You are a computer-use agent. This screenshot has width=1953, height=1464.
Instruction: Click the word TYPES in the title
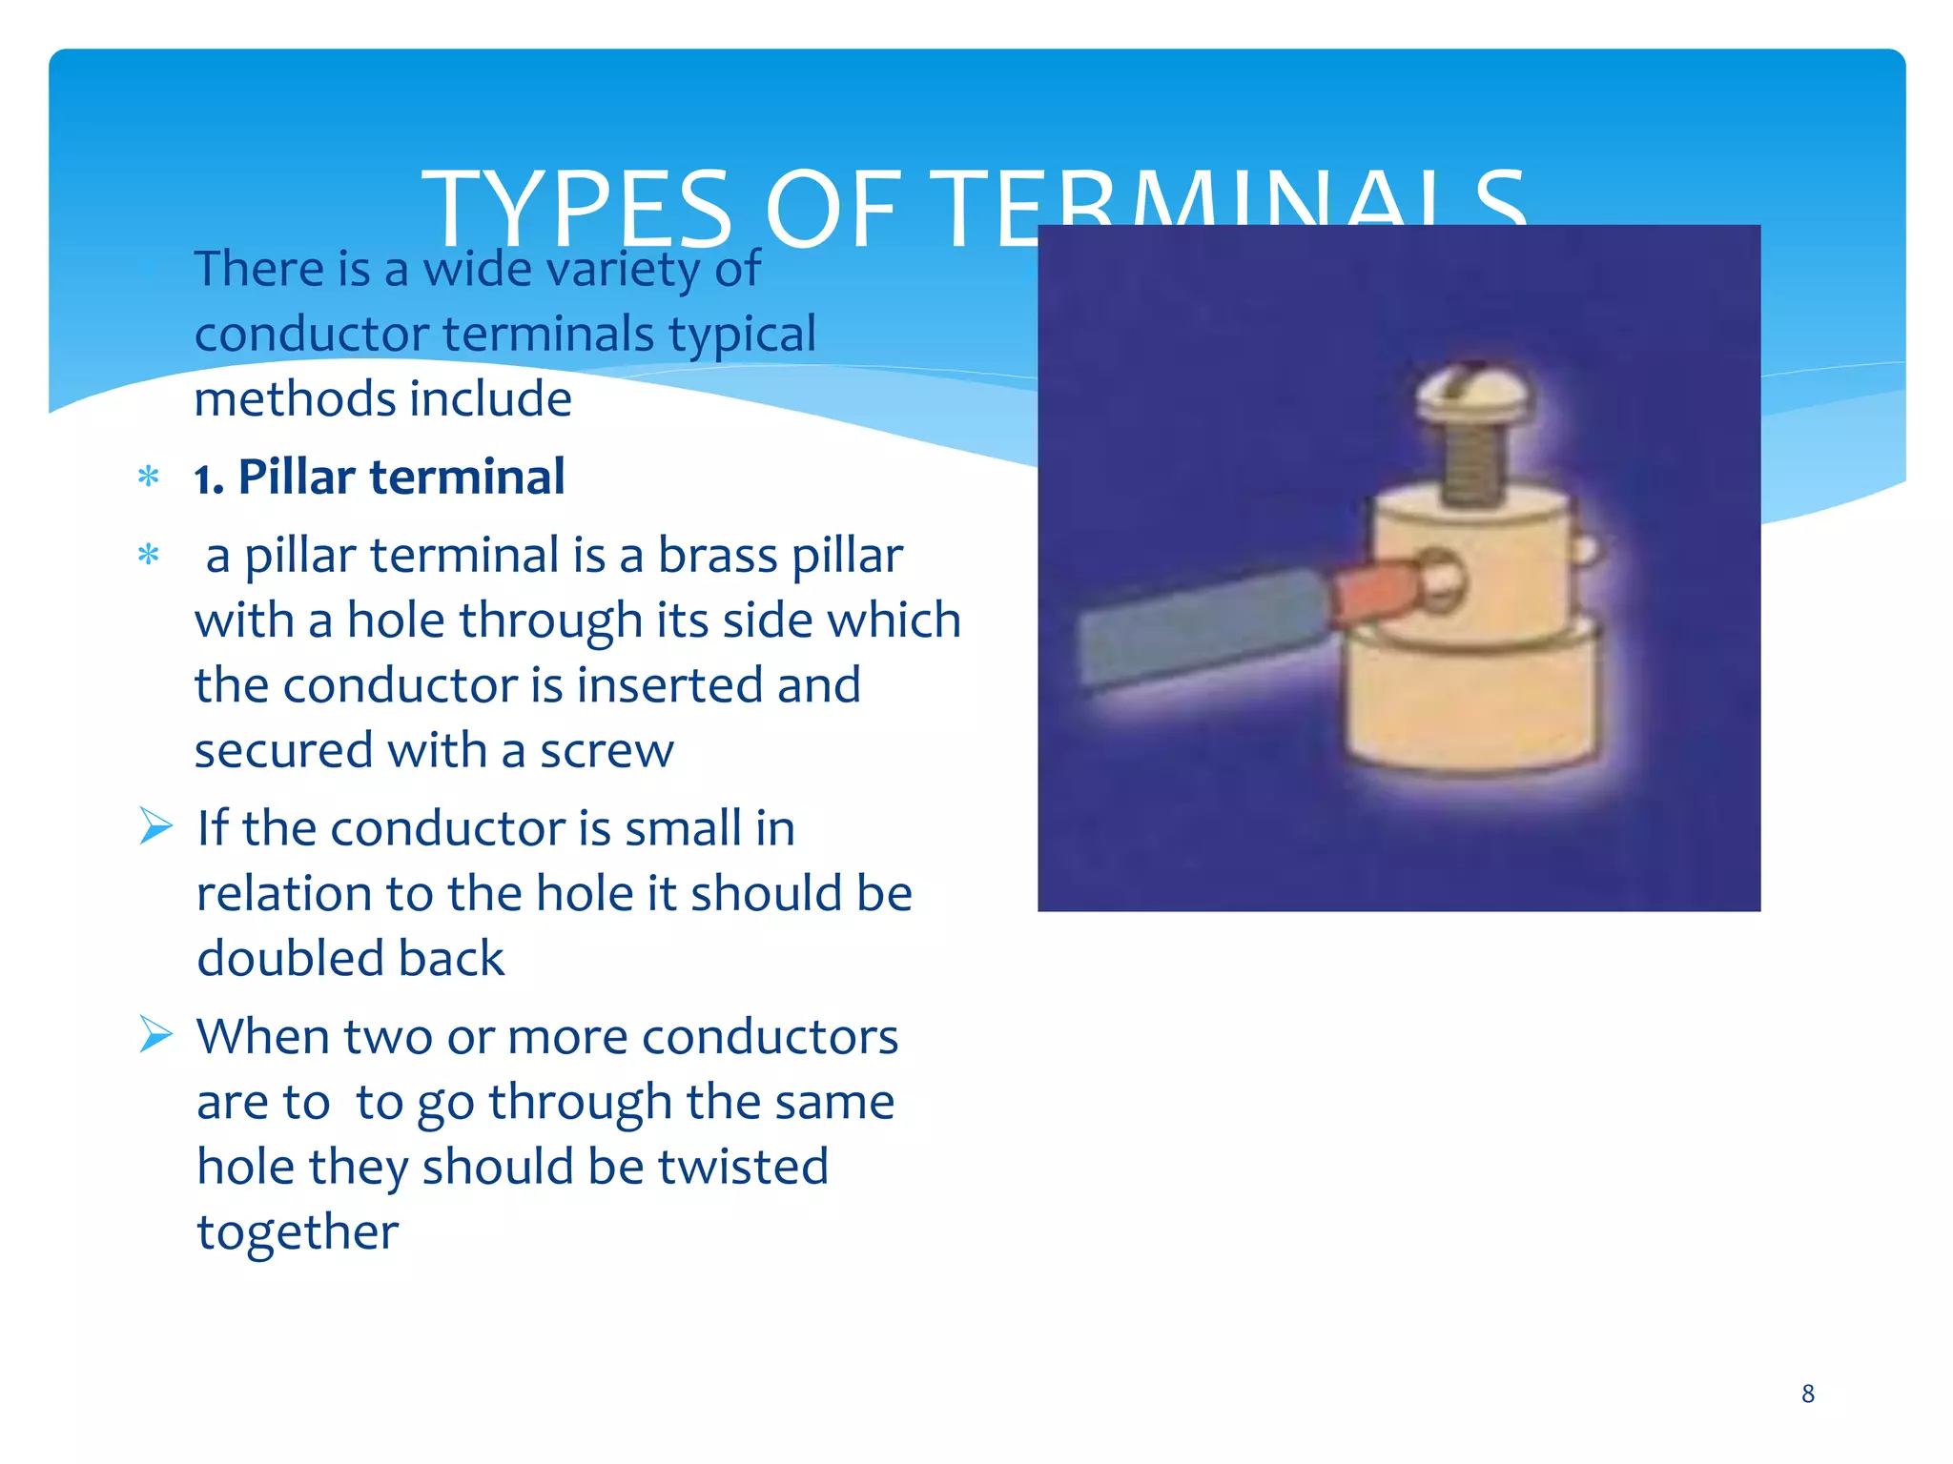coord(577,210)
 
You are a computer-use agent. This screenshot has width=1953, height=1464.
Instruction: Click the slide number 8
coord(1807,1393)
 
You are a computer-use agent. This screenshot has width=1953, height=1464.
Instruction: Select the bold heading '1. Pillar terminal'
coord(380,477)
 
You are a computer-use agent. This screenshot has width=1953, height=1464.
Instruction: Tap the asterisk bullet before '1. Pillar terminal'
coord(149,476)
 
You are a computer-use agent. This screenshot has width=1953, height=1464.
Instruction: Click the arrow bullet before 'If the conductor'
coord(155,825)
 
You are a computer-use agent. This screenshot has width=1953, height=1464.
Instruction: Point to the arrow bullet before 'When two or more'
coord(155,1034)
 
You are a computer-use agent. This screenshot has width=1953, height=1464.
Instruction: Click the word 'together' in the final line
coord(298,1232)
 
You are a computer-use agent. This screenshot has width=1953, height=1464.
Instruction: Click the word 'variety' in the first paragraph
coord(624,269)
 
